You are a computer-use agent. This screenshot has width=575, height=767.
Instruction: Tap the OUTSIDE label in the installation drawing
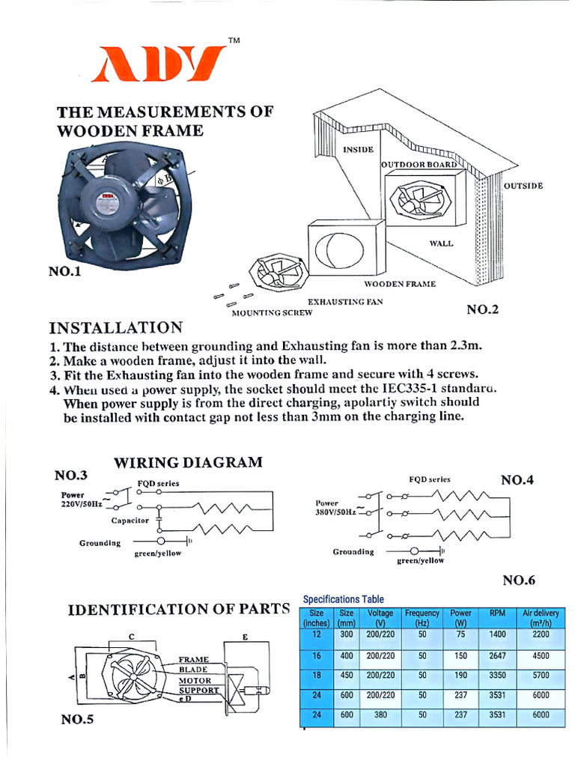(523, 186)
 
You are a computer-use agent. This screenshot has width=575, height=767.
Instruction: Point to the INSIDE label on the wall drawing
(358, 149)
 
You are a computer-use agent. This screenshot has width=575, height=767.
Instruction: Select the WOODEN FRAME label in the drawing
(400, 285)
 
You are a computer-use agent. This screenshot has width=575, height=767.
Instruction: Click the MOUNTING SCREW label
(272, 313)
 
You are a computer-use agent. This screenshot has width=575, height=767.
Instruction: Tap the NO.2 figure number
(482, 309)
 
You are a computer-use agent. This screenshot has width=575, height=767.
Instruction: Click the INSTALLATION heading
(115, 327)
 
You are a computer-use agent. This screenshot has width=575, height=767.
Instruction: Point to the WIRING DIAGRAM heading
(188, 462)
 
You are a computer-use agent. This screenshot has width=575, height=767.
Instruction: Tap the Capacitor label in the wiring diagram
(130, 520)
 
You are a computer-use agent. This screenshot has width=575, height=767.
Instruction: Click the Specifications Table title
(343, 599)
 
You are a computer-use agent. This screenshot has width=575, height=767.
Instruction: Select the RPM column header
(497, 613)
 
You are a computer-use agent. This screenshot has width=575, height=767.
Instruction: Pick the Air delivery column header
(541, 618)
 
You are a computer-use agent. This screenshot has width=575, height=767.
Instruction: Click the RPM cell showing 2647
(497, 655)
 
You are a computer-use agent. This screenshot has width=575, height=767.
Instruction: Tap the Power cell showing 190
(460, 675)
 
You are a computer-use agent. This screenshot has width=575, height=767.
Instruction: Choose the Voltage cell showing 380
(380, 715)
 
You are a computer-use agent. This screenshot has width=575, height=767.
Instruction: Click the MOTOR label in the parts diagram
(194, 680)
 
